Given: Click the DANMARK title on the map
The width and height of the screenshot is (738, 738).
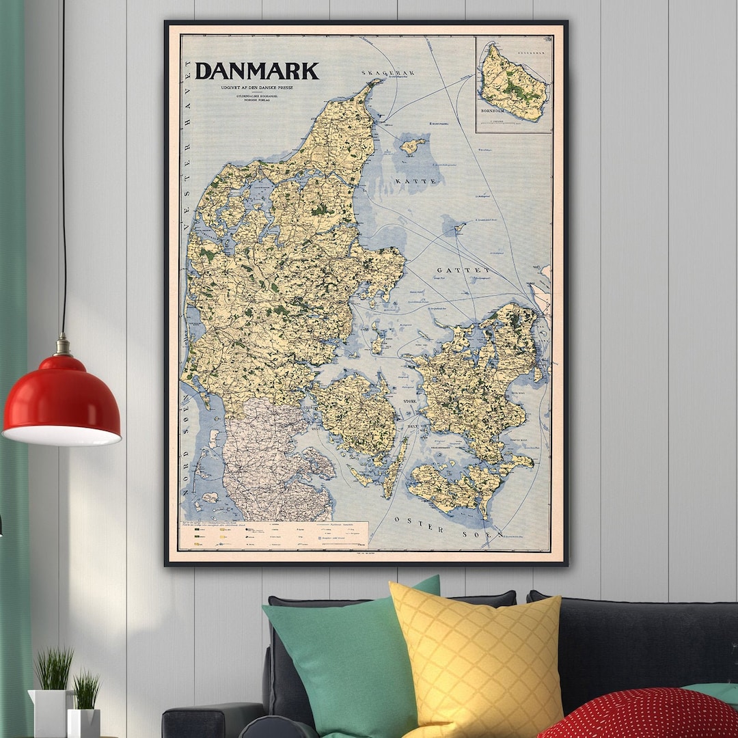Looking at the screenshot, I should coord(257,71).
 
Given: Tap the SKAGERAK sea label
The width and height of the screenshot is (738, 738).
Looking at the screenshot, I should coord(388,72).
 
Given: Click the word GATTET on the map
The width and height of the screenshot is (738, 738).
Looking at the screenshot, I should coord(464,270).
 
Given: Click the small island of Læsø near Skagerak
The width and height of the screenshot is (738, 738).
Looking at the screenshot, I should coord(412,146).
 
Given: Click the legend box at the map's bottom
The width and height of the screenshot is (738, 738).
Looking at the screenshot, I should coord(273,535).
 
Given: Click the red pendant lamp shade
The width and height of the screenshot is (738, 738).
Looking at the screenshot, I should coord(62,400).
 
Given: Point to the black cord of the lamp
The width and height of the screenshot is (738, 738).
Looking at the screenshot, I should coord(64,171).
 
